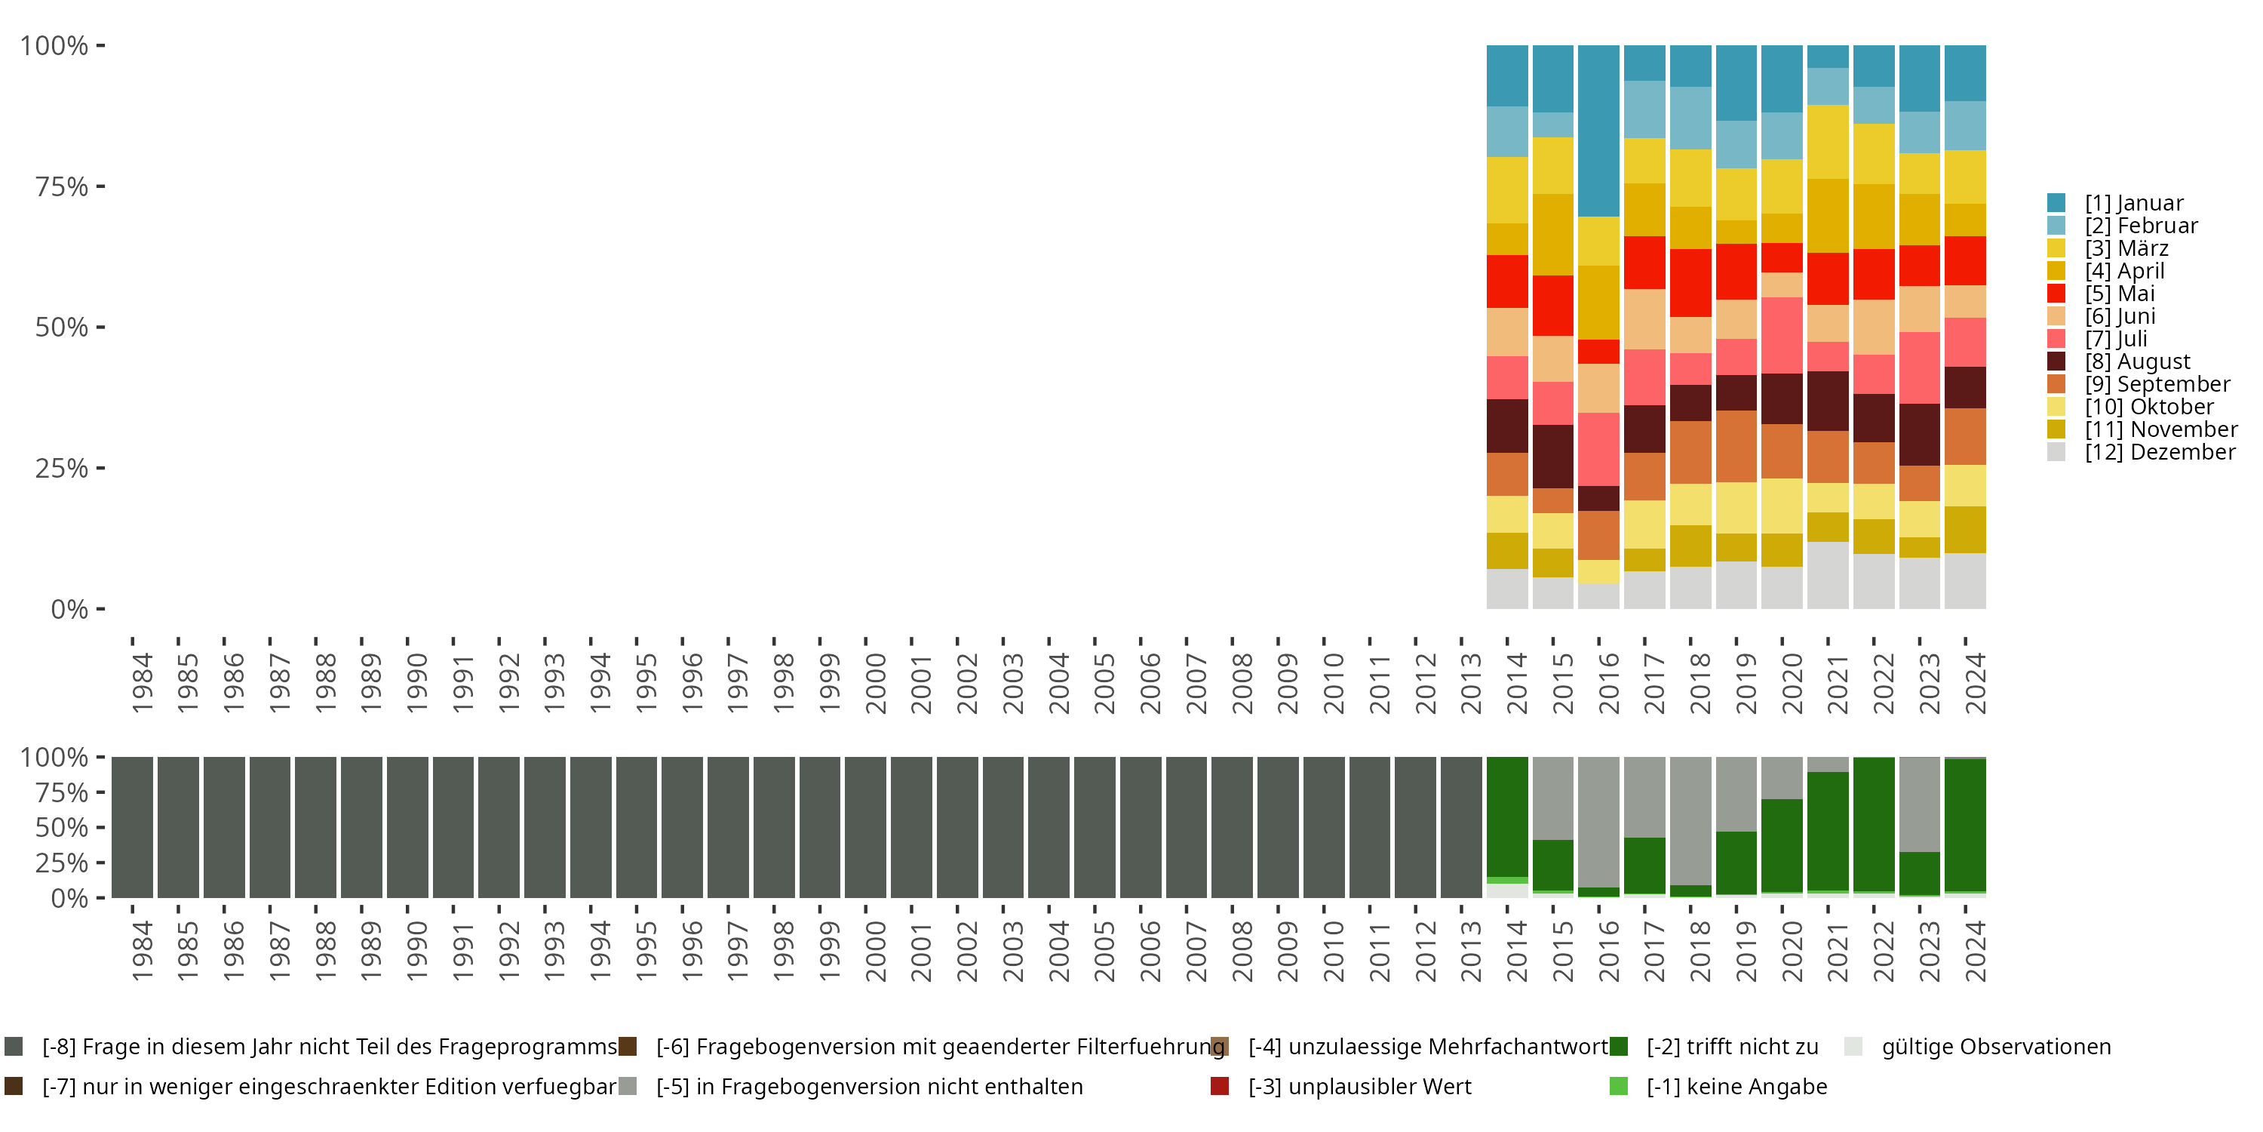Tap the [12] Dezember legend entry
click(x=2141, y=452)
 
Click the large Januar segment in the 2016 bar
click(x=1598, y=131)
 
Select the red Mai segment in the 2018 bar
click(x=1690, y=283)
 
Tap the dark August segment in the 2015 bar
click(x=1552, y=456)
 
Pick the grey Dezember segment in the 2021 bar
click(x=1827, y=576)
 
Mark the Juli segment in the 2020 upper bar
click(x=1782, y=336)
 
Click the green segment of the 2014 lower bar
click(x=1506, y=817)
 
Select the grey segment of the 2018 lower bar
click(x=1690, y=821)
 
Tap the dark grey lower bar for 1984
click(x=132, y=827)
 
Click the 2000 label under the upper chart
click(x=875, y=683)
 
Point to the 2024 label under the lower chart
click(x=1975, y=951)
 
